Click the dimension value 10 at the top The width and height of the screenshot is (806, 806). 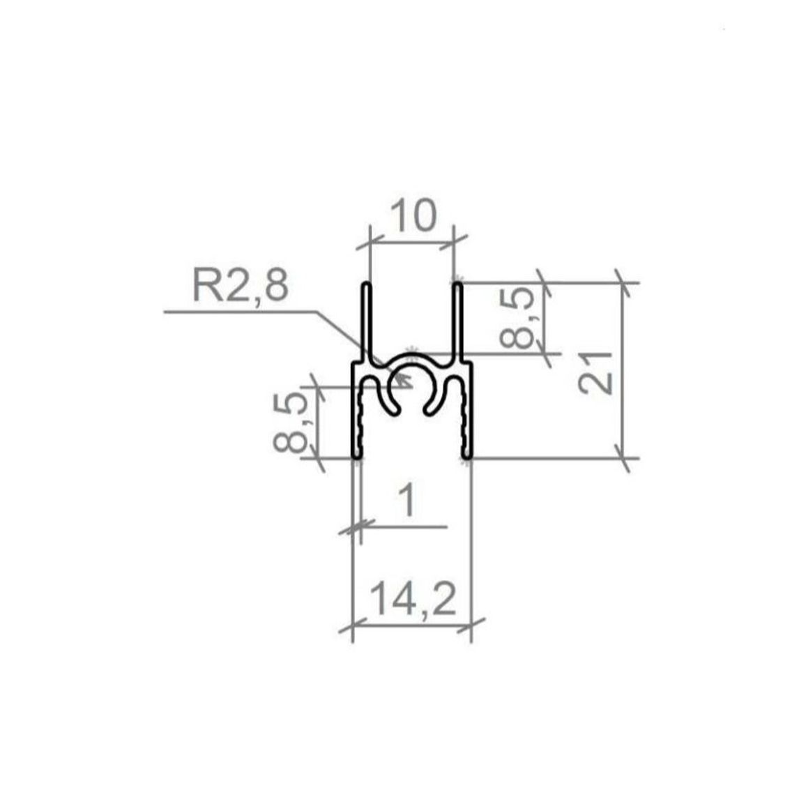click(x=413, y=216)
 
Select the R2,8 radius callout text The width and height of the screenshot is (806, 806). click(x=240, y=286)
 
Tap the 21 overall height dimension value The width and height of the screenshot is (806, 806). click(x=595, y=373)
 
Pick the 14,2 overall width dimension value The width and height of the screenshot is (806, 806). click(x=413, y=599)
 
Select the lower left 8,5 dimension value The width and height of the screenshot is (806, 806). click(x=291, y=423)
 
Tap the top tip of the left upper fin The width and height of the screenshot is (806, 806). click(x=366, y=283)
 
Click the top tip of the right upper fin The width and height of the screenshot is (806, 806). click(x=457, y=283)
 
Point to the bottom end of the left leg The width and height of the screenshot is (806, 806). click(x=357, y=456)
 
